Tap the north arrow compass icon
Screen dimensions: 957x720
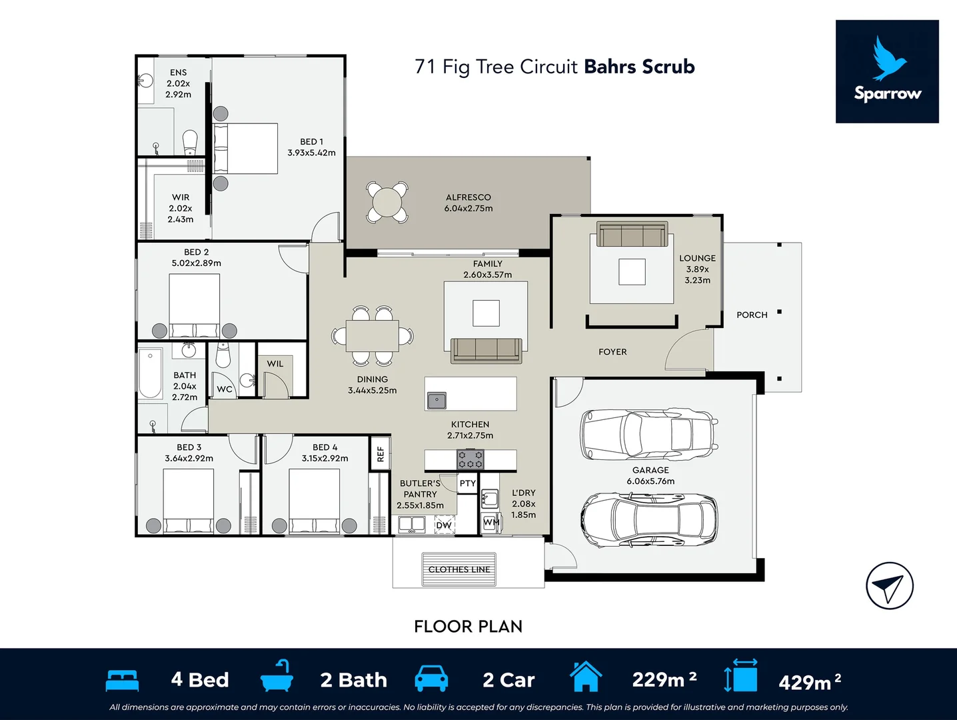pos(890,586)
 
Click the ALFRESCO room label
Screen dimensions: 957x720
pos(469,197)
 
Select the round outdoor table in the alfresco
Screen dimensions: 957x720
pos(387,203)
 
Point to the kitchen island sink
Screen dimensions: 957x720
pos(437,400)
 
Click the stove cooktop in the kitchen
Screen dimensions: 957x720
pos(470,459)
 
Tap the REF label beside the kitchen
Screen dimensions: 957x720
pos(381,454)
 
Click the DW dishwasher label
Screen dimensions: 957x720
pos(444,525)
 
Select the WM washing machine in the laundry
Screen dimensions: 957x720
pos(491,523)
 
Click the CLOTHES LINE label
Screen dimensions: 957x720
pos(459,569)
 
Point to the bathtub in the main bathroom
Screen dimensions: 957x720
pos(150,373)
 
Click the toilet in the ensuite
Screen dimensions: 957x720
pos(190,142)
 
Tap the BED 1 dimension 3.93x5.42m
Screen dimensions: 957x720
pos(311,153)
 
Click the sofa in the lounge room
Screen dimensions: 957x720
pos(632,234)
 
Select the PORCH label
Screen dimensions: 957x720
pos(752,315)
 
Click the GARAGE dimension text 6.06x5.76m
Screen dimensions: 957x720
pos(650,481)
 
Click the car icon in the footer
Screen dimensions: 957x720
pos(431,679)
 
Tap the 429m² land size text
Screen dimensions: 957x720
pos(810,681)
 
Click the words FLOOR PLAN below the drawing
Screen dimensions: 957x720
pos(469,626)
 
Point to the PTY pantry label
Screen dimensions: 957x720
pos(467,483)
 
